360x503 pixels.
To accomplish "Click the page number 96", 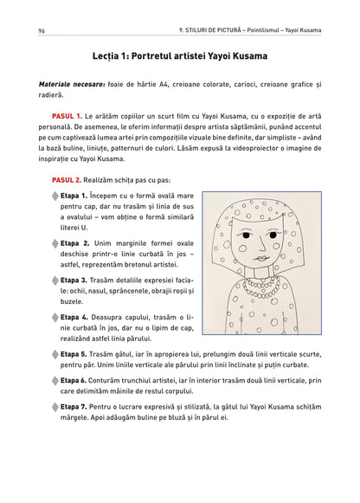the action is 42,31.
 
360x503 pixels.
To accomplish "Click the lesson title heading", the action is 180,56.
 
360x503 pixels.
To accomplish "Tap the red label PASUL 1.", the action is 67,116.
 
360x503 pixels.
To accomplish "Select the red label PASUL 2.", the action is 67,180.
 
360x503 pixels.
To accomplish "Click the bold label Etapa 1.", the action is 74,196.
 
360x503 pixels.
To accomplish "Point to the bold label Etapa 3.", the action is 74,281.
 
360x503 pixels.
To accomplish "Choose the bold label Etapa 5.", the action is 74,354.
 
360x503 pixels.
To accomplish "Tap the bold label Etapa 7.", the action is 74,407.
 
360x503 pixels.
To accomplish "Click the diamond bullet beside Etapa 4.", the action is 55,318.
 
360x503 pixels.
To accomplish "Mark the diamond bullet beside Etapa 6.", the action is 55,381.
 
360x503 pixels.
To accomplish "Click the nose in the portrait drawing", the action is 261,243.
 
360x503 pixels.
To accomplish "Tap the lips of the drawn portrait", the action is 262,258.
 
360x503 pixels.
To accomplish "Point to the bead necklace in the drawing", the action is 261,287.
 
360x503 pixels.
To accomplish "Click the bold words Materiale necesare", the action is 72,85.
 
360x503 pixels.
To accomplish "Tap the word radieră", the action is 51,95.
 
